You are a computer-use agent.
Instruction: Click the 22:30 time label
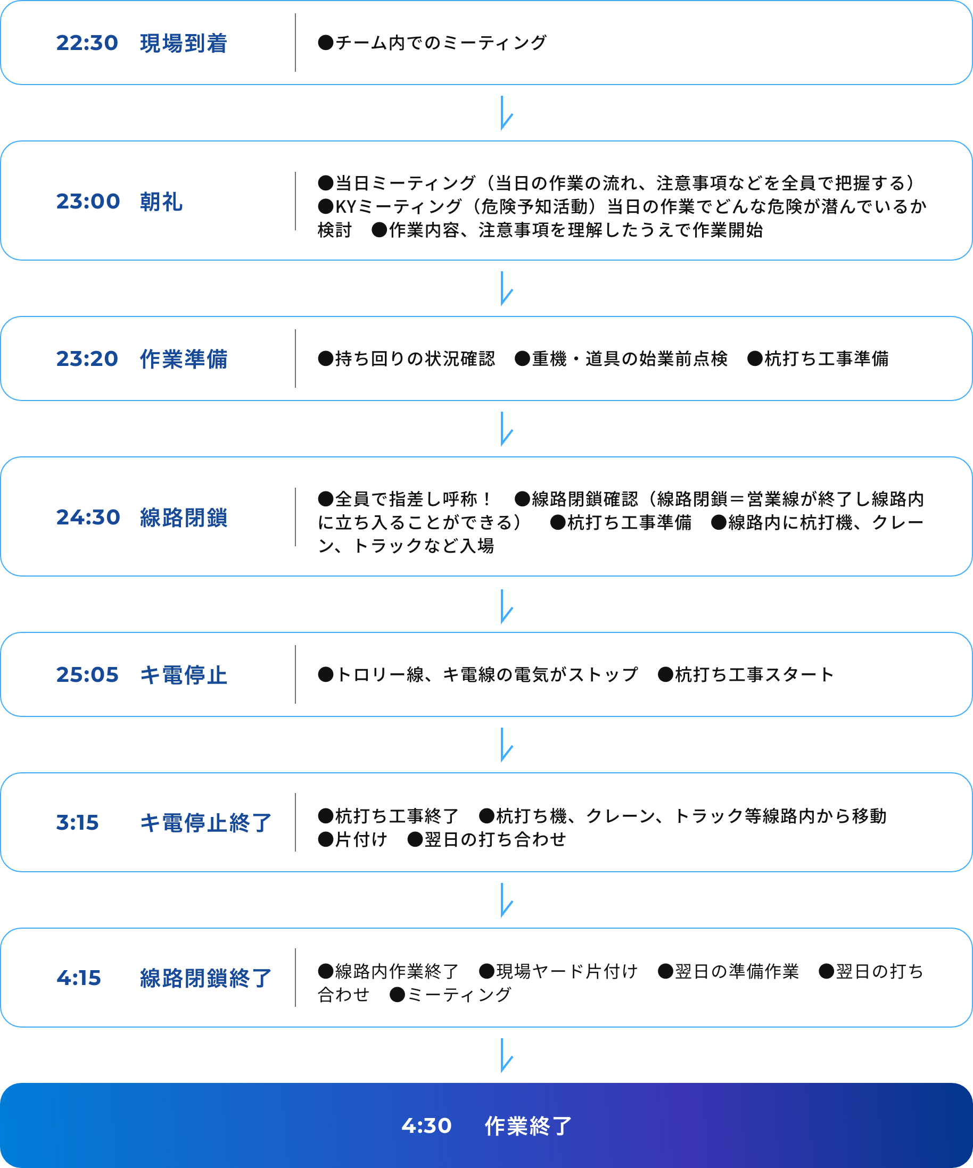(x=87, y=43)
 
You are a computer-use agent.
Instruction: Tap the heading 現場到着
(x=184, y=43)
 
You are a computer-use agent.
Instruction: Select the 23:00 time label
(x=88, y=201)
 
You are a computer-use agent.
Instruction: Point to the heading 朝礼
(x=161, y=201)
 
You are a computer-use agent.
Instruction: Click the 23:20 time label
(x=87, y=358)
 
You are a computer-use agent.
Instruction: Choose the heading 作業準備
(x=184, y=358)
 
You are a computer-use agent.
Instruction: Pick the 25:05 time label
(x=87, y=674)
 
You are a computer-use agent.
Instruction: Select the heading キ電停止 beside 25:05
(x=184, y=674)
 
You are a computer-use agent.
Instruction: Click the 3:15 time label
(x=77, y=822)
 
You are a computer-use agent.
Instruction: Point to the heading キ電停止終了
(x=206, y=822)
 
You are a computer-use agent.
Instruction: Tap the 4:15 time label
(x=78, y=977)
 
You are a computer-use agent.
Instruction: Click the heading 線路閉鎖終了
(x=206, y=977)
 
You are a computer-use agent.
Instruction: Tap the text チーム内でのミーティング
(x=441, y=43)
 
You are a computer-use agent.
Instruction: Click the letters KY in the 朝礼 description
(x=345, y=206)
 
